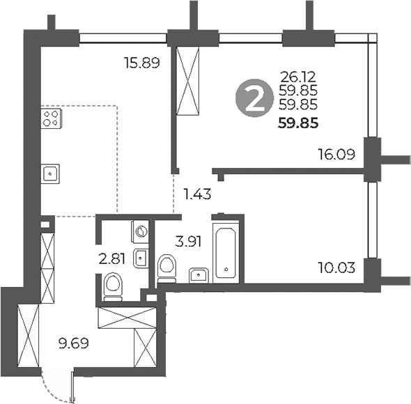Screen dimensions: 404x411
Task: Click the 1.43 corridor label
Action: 196,193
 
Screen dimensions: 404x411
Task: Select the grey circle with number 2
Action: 255,98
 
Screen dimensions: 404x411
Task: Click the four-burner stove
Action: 50,118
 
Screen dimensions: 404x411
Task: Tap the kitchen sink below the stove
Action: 50,173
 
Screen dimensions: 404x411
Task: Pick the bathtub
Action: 226,251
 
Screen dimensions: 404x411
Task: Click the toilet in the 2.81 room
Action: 113,286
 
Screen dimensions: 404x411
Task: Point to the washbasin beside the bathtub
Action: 199,273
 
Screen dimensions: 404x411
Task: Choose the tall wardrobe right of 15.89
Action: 189,81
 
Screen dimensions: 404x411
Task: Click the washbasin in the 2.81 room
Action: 141,258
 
